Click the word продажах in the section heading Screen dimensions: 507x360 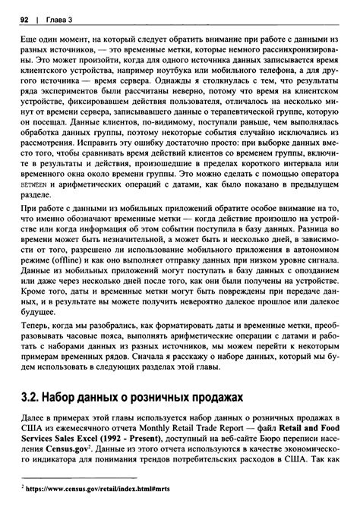(x=204, y=396)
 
